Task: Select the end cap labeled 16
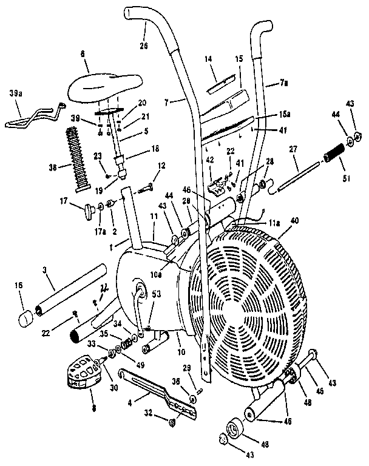25,317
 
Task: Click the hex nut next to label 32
172,422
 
